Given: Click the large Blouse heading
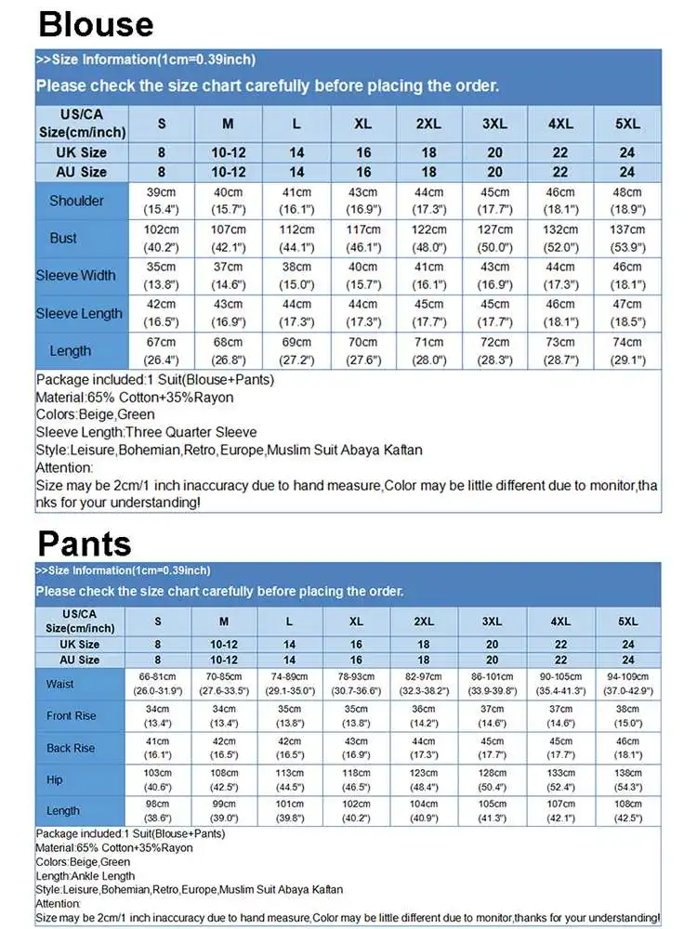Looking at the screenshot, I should [x=97, y=23].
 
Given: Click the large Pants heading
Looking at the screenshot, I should [x=85, y=543].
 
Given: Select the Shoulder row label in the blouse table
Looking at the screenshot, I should [x=76, y=201].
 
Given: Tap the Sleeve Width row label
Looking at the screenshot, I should [x=76, y=275].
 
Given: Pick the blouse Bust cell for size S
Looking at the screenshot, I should [x=162, y=238].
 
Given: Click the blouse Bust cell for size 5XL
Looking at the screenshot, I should [x=627, y=238].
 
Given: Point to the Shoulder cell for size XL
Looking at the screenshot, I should [x=363, y=201].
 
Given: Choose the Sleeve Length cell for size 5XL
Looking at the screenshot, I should [x=627, y=313].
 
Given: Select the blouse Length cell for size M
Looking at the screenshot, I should [x=229, y=350].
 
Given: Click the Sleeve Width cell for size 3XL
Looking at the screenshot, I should [x=494, y=275].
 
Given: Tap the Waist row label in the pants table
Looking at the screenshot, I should [x=60, y=685].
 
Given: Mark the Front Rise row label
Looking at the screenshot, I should [x=72, y=716].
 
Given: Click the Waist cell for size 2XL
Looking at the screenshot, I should [x=424, y=685].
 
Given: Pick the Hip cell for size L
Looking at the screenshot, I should [x=290, y=779].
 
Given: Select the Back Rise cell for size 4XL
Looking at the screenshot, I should [x=559, y=748].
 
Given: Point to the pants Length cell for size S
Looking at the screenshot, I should [x=158, y=811].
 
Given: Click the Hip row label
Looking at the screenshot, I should [x=55, y=779].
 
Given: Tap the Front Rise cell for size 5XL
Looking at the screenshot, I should [x=628, y=716].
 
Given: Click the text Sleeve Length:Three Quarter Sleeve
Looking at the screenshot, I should [x=146, y=432].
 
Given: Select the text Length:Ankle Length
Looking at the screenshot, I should [x=85, y=875].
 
